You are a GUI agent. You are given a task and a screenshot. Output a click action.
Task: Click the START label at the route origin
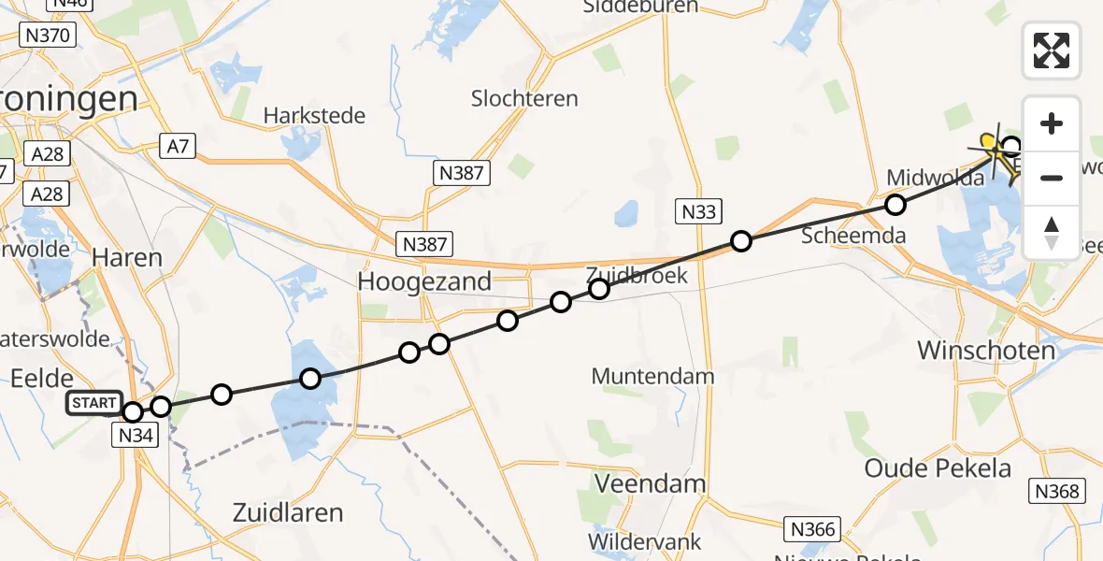(x=93, y=404)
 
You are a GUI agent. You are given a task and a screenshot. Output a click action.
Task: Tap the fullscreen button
(x=1052, y=50)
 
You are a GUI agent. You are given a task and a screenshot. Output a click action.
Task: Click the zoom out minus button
(x=1052, y=178)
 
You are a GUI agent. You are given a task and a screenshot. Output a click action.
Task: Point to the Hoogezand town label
(x=425, y=281)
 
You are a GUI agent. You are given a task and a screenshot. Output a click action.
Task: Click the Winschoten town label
(x=986, y=351)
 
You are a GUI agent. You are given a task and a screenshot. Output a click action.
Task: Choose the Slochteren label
(x=524, y=98)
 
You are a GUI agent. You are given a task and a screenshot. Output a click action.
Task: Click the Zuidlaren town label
(x=287, y=512)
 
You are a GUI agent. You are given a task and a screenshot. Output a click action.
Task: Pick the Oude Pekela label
(x=938, y=467)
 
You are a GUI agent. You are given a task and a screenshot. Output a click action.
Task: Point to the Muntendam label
(x=652, y=377)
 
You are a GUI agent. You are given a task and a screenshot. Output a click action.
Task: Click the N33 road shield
(x=698, y=211)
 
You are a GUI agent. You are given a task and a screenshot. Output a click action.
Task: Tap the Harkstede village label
(x=314, y=116)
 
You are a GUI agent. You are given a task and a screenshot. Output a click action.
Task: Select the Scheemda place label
(x=853, y=236)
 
